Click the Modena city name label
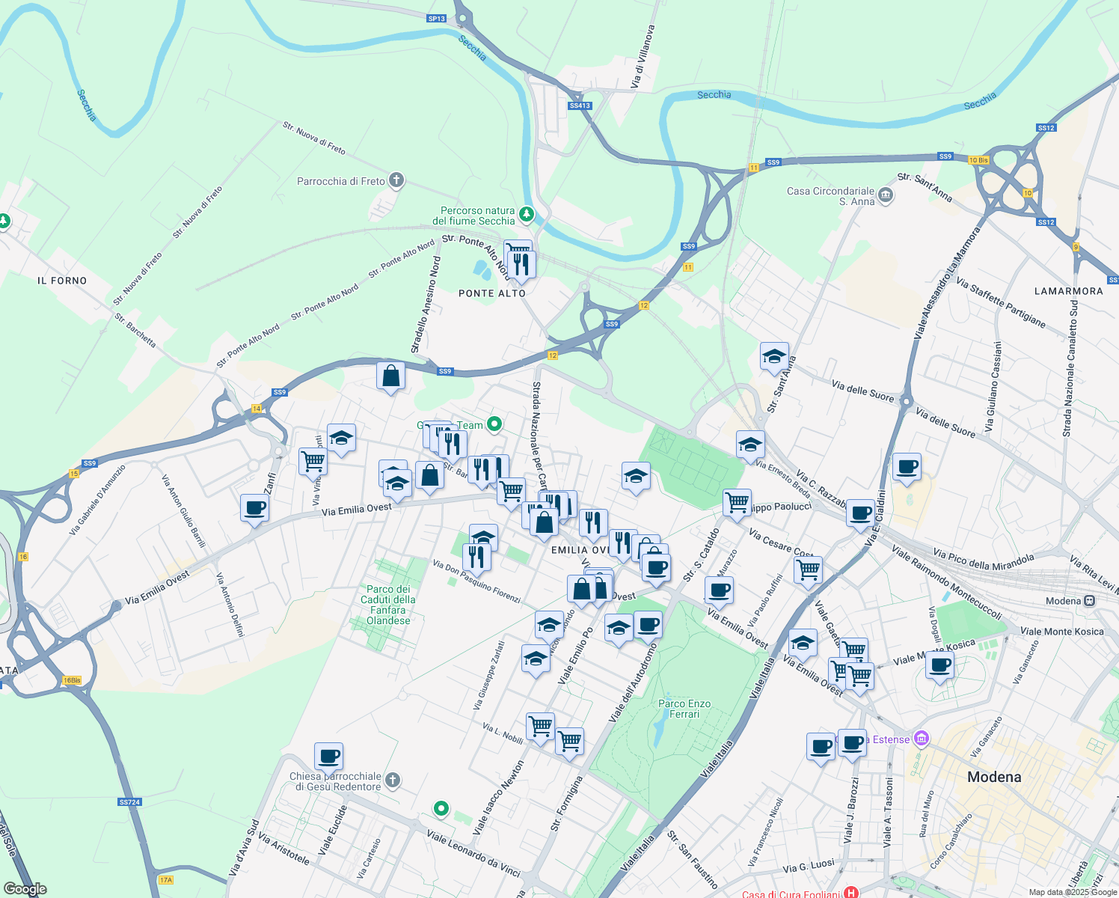click(994, 777)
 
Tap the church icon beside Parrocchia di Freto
click(396, 180)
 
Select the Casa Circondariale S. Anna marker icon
click(886, 195)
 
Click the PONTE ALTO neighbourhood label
click(492, 293)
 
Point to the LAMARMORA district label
click(1068, 291)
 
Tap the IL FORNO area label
click(62, 281)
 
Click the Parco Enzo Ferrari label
click(684, 709)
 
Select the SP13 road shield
click(437, 19)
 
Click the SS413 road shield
click(580, 106)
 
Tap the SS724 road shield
click(129, 802)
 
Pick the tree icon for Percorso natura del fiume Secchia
click(527, 216)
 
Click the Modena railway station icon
click(1090, 601)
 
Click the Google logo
click(25, 889)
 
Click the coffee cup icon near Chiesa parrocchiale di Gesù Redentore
click(328, 756)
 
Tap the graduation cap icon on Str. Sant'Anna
click(774, 356)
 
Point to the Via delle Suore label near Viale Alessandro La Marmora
click(862, 391)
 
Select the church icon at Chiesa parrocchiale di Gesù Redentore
click(393, 781)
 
